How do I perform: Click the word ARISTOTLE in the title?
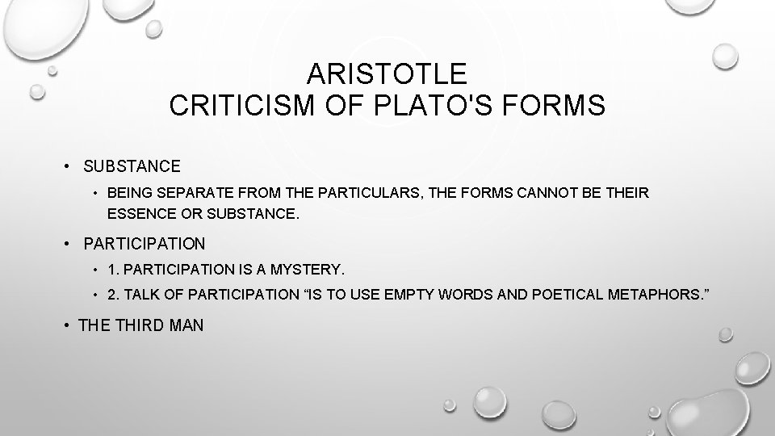pos(387,74)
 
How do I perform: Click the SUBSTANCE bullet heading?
pos(132,166)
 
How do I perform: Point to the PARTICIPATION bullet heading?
pos(145,243)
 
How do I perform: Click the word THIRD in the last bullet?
pos(143,326)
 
